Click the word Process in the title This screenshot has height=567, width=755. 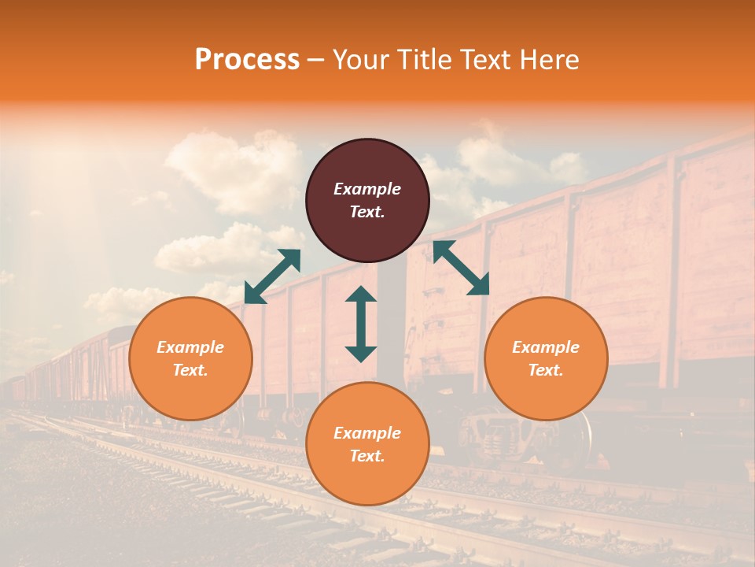tap(247, 60)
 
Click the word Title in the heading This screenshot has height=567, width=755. tap(423, 60)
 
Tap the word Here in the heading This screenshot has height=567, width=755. tap(550, 60)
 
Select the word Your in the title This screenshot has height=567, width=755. tap(362, 60)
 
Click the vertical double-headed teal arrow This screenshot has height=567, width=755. tap(361, 324)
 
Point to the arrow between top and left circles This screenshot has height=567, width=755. tap(272, 276)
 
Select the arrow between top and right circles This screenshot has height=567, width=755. tap(461, 268)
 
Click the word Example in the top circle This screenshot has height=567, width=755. tap(367, 189)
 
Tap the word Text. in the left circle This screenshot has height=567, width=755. tap(190, 370)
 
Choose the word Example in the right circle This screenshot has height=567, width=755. tap(546, 347)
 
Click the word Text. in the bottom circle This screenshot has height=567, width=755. tap(367, 456)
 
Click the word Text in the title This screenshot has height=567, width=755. tap(488, 60)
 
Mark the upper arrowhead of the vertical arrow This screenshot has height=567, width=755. tap(361, 294)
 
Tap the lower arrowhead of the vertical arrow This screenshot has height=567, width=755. tap(361, 354)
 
